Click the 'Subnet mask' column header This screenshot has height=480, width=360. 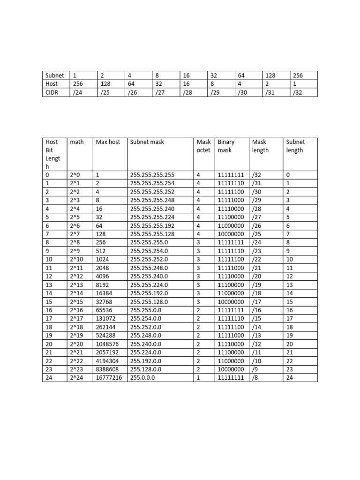147,142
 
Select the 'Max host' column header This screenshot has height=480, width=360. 108,142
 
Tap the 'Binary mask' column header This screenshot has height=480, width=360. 226,146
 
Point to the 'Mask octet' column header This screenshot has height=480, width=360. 203,146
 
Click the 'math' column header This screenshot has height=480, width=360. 76,142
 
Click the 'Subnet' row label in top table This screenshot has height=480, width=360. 54,75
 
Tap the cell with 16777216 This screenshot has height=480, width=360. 110,377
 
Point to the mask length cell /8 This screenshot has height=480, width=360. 256,377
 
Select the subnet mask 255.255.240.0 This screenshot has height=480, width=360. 149,276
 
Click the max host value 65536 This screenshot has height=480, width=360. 105,310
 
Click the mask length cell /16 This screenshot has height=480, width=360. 258,310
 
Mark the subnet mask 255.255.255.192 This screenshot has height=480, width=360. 152,225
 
